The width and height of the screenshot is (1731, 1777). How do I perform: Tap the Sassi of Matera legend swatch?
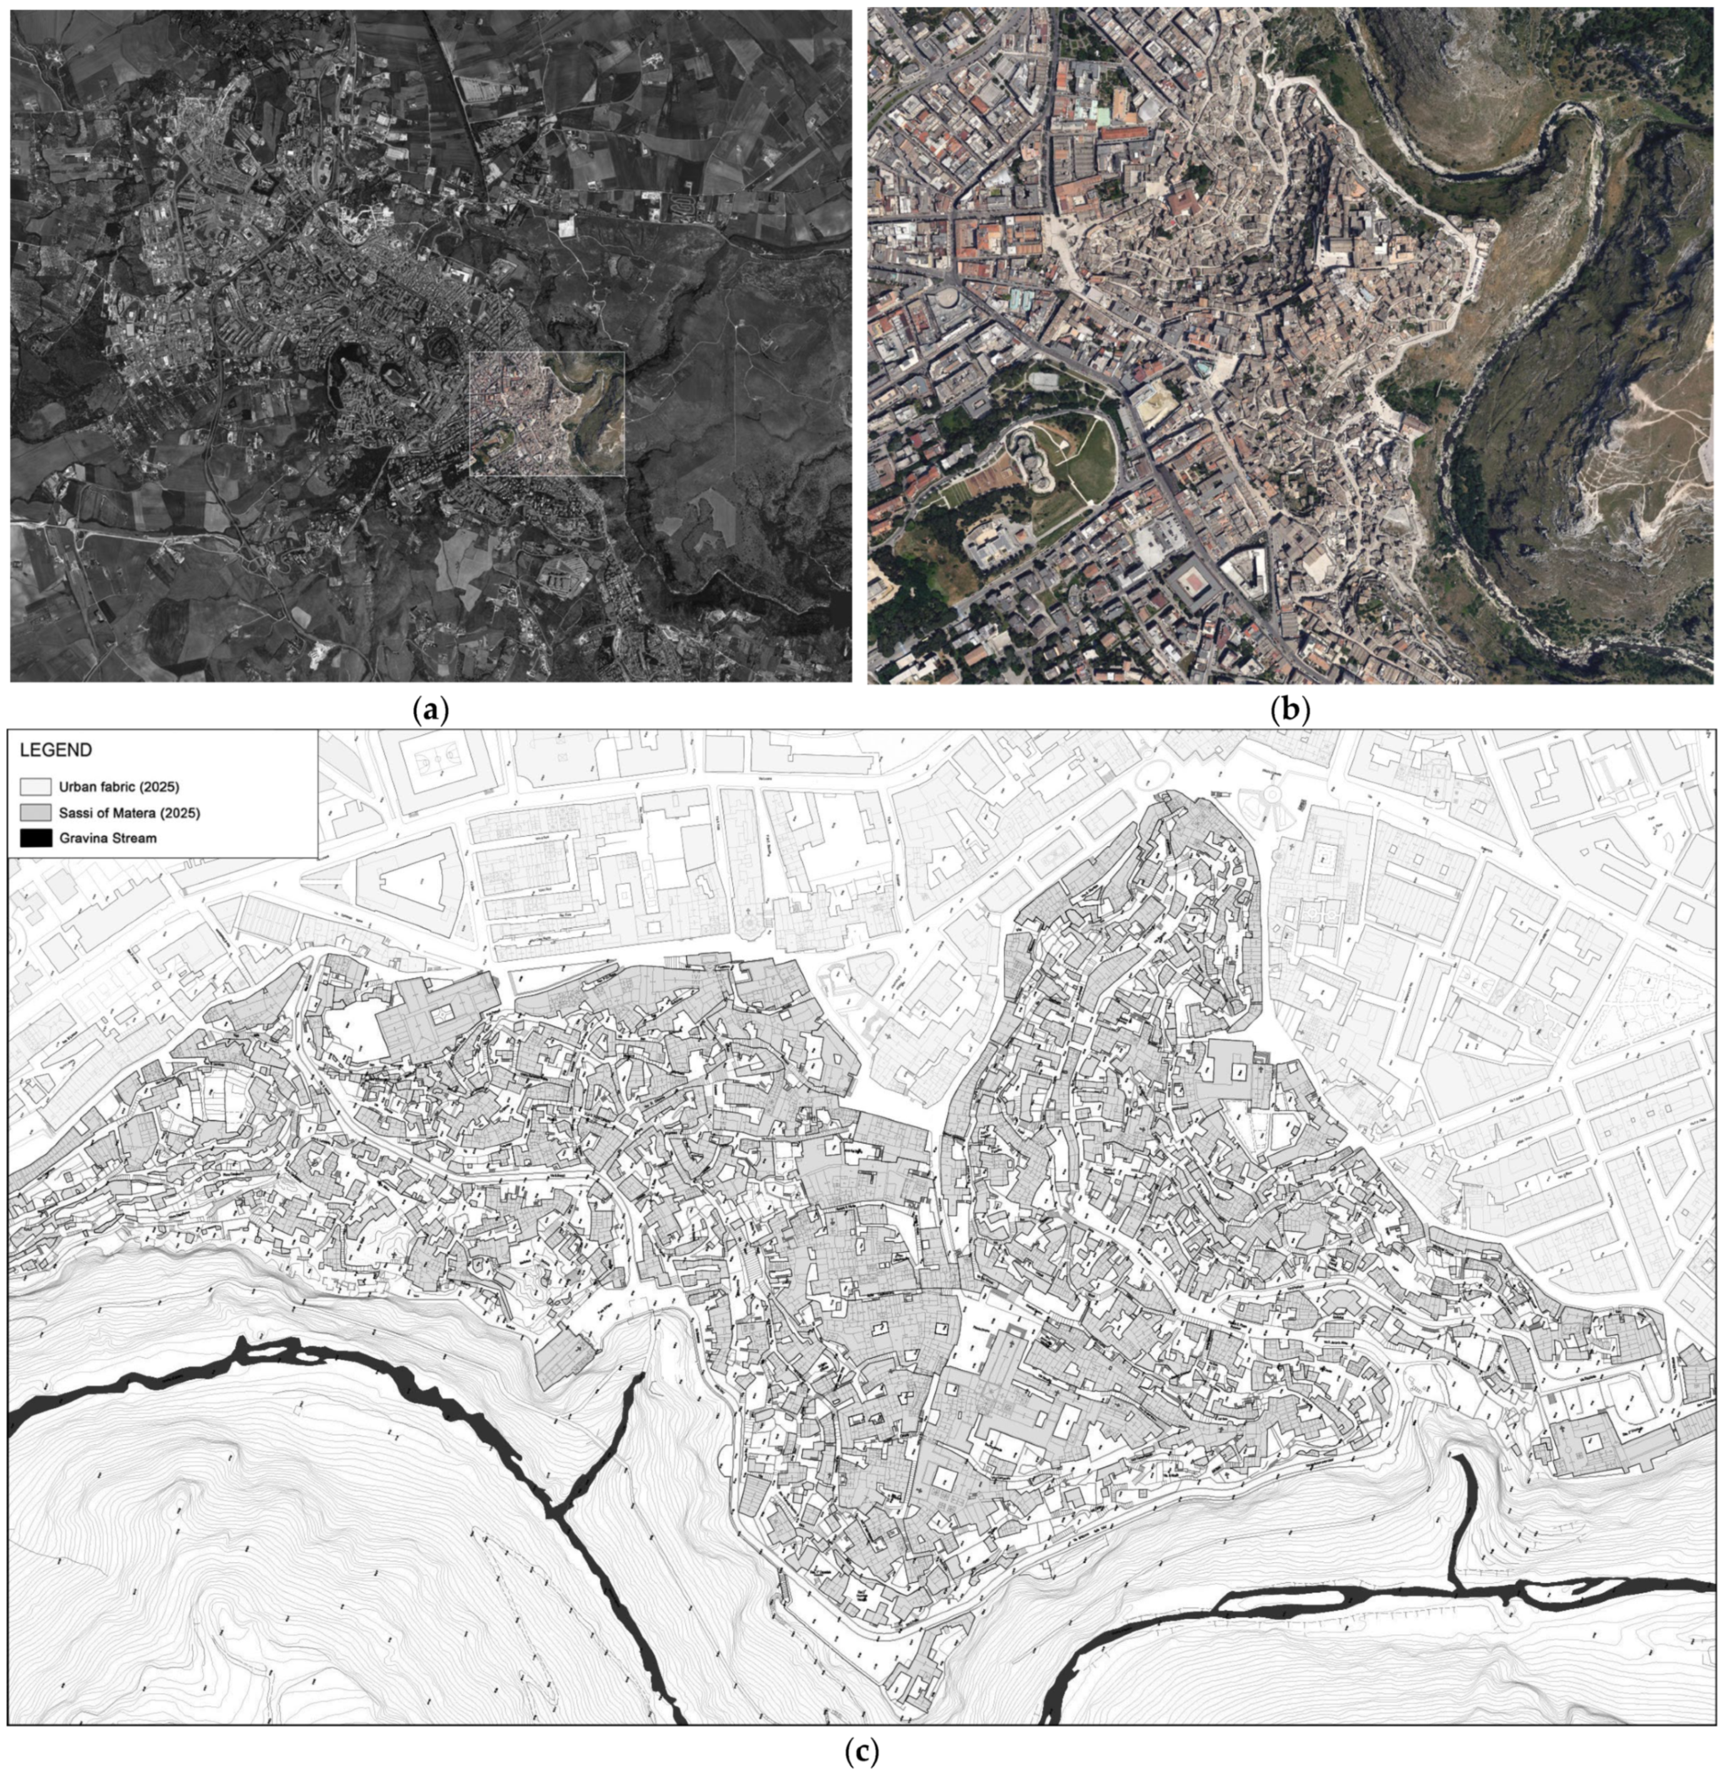(x=36, y=812)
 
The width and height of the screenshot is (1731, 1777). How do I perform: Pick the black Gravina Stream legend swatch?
(x=36, y=838)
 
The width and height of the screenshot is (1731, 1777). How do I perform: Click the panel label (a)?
(x=430, y=708)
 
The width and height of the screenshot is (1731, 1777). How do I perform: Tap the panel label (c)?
(x=861, y=1751)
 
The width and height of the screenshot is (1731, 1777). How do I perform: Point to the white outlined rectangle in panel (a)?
(x=546, y=414)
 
